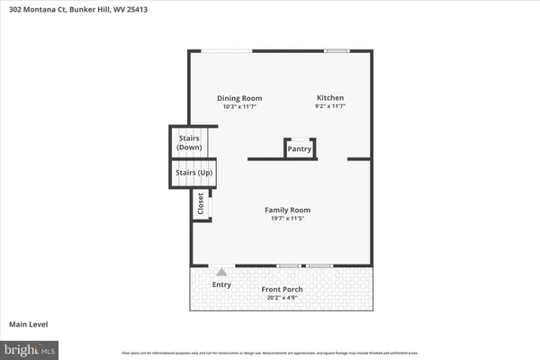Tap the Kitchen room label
329,98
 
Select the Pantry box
300,149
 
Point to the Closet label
201,204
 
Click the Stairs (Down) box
189,142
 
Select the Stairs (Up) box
189,172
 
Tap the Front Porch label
282,289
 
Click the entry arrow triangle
221,271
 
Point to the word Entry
221,285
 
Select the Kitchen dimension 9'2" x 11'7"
329,107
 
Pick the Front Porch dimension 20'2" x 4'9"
282,297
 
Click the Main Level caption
28,324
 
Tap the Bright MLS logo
30,346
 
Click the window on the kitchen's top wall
337,50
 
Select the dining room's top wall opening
226,50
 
